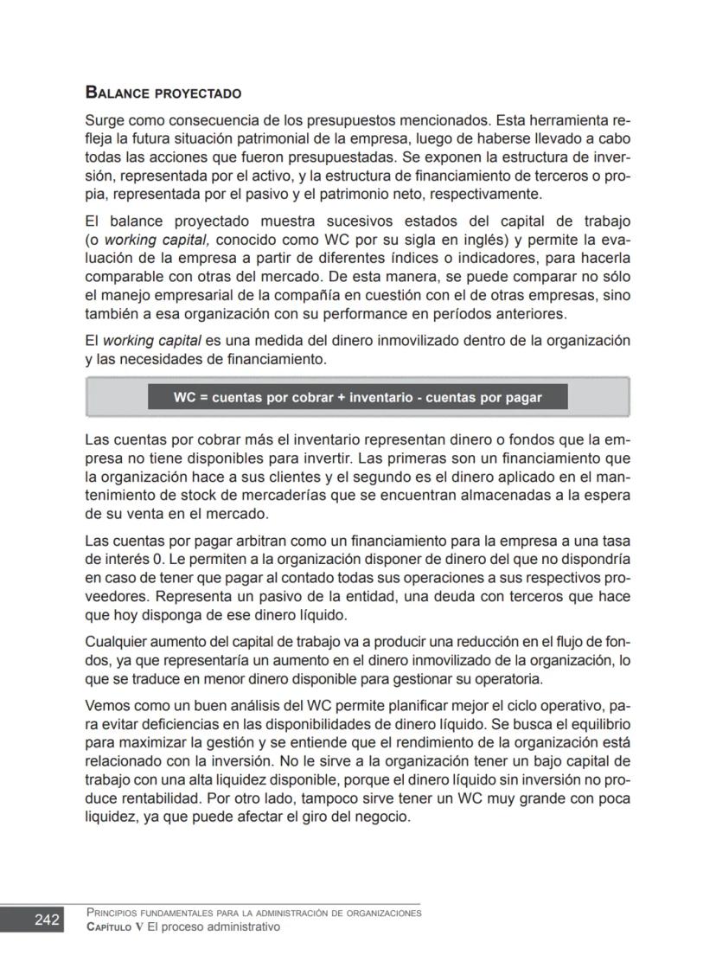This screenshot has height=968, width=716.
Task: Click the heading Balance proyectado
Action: click(x=163, y=93)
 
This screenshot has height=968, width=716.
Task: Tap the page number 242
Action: click(x=46, y=920)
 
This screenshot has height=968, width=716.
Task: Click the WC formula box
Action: click(x=357, y=397)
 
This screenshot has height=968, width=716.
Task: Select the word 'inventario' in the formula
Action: click(x=382, y=397)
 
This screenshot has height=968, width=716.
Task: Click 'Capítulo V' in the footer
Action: click(x=115, y=926)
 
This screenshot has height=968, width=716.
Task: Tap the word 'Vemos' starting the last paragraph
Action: click(x=105, y=705)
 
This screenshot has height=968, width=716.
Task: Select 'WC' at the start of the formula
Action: click(x=183, y=397)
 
